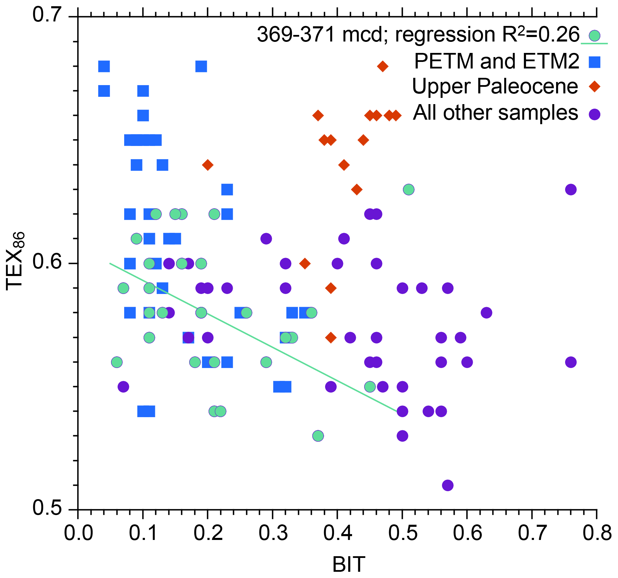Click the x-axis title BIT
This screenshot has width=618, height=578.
(349, 565)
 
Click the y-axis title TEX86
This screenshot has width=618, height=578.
(16, 261)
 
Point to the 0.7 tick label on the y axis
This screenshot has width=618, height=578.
(47, 16)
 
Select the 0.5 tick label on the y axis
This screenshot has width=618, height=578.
(47, 508)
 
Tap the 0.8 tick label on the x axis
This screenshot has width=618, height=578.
(597, 533)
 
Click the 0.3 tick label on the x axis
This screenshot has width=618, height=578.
(273, 533)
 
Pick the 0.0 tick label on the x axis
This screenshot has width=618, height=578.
(78, 533)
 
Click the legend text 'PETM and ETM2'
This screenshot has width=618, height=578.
(496, 62)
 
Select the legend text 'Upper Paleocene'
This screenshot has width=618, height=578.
(495, 86)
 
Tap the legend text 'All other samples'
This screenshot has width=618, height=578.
(495, 113)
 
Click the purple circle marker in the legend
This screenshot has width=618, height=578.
(594, 114)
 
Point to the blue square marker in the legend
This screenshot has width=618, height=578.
(594, 62)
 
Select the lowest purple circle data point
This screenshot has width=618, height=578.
(448, 485)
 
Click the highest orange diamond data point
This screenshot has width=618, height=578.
(382, 66)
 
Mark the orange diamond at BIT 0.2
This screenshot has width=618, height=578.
(207, 165)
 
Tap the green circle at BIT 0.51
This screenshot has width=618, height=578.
(408, 190)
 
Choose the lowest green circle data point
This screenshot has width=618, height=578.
(318, 436)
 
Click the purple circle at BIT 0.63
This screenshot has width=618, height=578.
(486, 313)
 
